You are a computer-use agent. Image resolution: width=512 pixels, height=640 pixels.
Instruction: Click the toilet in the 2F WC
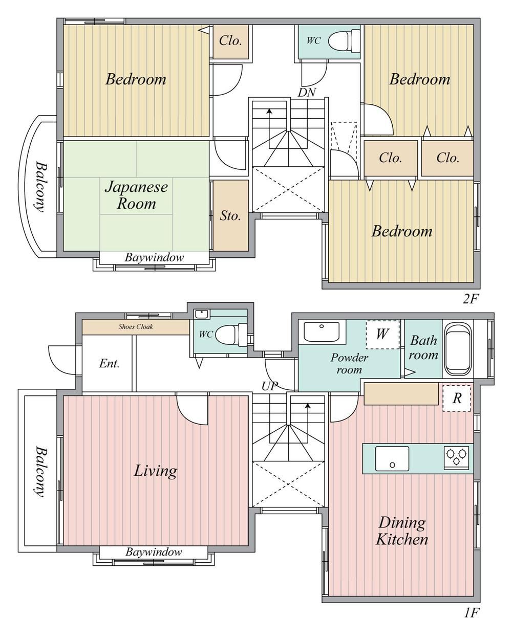(x=344, y=41)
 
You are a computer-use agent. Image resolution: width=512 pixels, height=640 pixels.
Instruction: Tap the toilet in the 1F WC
(x=231, y=335)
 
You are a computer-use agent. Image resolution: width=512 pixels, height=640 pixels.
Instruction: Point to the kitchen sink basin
(x=392, y=458)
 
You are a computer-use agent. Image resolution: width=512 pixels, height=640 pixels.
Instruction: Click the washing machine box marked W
(x=382, y=334)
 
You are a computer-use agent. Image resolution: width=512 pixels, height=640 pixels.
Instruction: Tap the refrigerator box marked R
(x=457, y=398)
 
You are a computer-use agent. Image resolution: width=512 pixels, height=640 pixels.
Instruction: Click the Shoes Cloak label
(x=136, y=326)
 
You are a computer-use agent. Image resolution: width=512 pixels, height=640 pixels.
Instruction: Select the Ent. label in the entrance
(x=109, y=363)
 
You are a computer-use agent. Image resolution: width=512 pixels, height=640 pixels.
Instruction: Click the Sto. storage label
(x=230, y=216)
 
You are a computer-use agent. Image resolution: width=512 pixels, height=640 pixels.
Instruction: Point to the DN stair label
(x=307, y=93)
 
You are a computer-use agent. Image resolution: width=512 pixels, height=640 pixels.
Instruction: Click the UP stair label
(x=270, y=386)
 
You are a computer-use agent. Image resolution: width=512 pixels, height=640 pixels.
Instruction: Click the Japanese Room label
(x=136, y=195)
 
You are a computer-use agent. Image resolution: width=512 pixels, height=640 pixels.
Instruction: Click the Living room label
(x=155, y=471)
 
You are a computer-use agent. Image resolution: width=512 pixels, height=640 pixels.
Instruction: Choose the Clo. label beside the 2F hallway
(x=230, y=41)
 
